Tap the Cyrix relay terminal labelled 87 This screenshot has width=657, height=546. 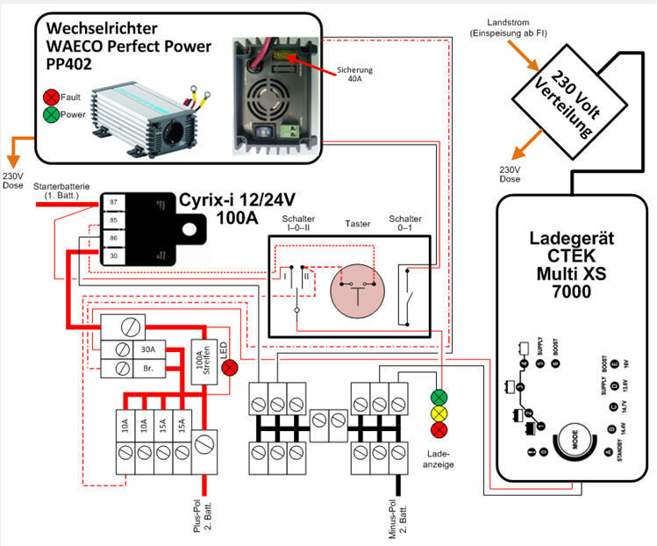click(x=113, y=202)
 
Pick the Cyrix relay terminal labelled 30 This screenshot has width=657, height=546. click(x=113, y=255)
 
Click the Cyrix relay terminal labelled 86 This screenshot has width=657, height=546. click(x=113, y=238)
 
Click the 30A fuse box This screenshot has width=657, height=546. click(x=147, y=348)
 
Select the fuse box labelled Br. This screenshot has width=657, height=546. click(x=147, y=369)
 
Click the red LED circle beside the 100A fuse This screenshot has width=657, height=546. click(x=230, y=367)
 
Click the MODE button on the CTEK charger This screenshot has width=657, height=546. click(x=576, y=436)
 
